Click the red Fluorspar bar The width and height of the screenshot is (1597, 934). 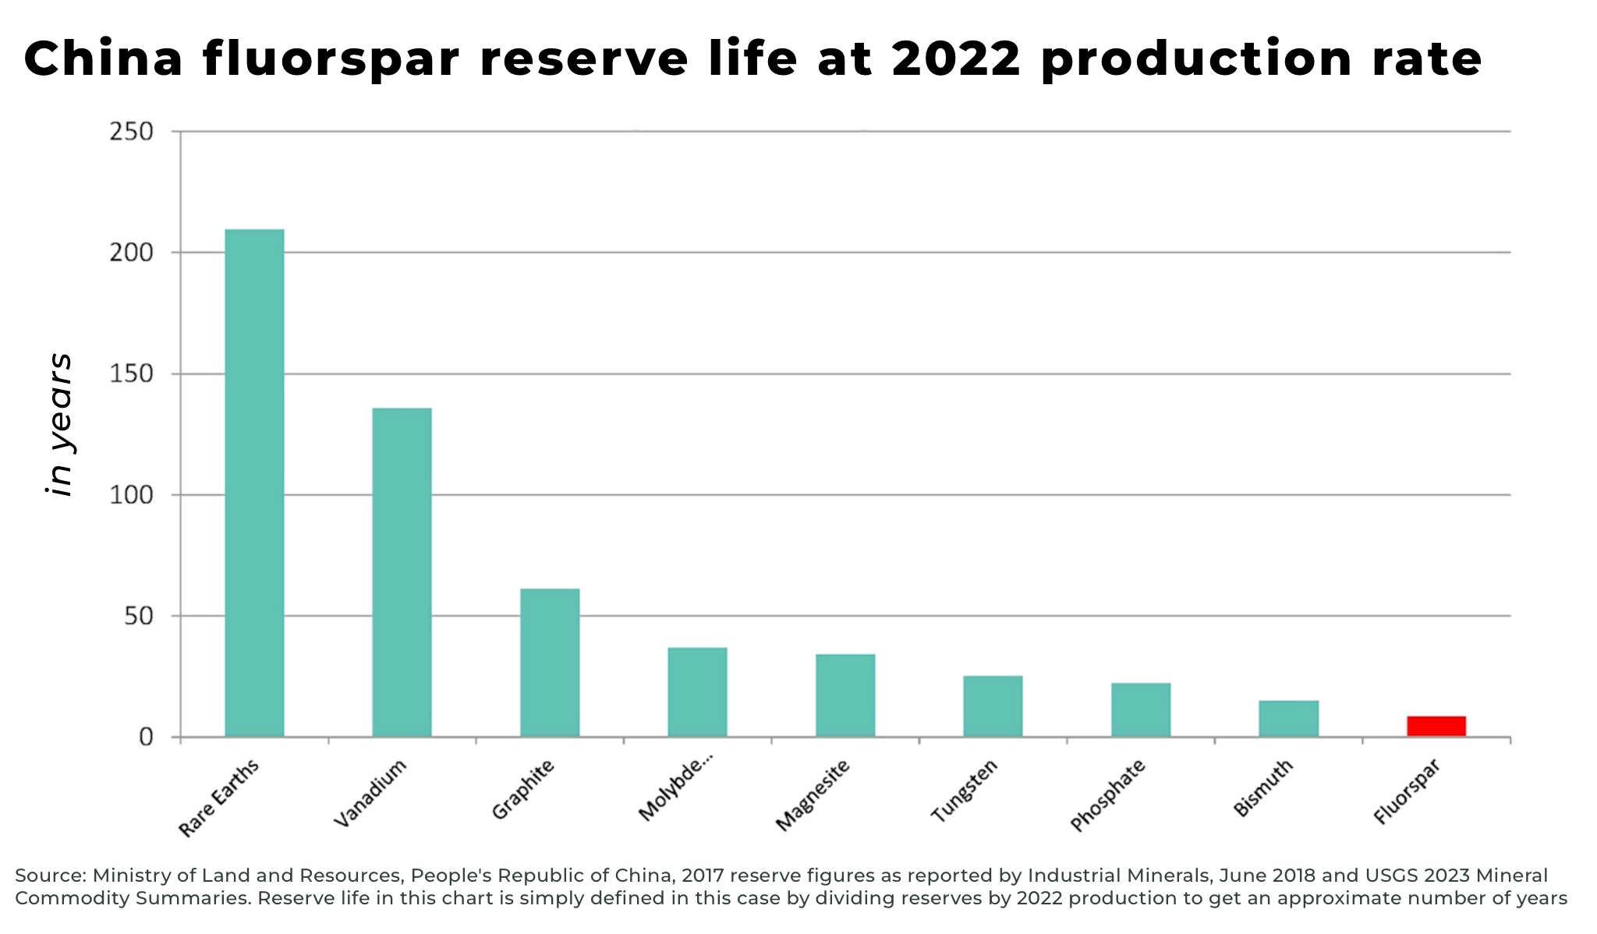point(1436,726)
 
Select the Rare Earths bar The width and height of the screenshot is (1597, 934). point(254,483)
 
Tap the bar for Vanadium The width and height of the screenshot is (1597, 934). point(402,572)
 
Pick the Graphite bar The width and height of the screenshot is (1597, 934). point(550,663)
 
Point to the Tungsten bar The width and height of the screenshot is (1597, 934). point(993,706)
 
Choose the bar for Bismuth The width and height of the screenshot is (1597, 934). point(1288,719)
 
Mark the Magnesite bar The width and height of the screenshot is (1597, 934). point(845,695)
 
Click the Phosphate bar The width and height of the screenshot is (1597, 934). point(1141,709)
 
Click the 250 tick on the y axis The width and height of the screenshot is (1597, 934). point(131,132)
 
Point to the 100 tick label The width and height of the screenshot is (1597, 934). point(131,495)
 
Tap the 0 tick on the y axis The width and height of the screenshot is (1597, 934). point(146,738)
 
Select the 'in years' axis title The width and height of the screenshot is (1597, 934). point(59,425)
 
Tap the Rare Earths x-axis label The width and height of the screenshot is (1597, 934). point(218,798)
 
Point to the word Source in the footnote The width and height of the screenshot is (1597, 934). point(50,876)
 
